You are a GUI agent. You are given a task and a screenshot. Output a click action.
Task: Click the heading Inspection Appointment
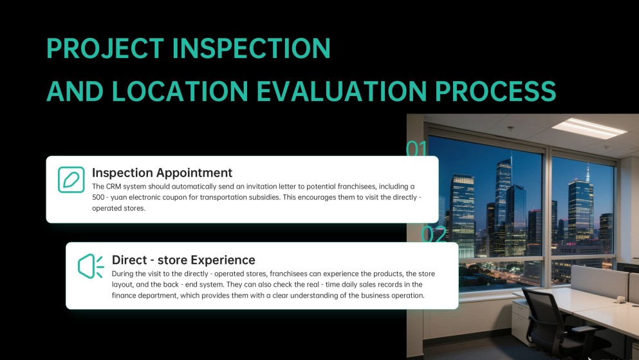[162, 173]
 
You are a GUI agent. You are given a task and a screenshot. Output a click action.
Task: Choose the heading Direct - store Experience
[183, 260]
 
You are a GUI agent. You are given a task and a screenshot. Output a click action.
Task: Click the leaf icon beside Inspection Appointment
[71, 180]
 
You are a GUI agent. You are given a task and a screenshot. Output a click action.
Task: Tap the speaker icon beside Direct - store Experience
[90, 266]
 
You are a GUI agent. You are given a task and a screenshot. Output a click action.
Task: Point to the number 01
[416, 149]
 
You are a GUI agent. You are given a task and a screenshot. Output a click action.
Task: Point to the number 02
[433, 234]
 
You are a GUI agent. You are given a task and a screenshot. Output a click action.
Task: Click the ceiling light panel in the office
[589, 127]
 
